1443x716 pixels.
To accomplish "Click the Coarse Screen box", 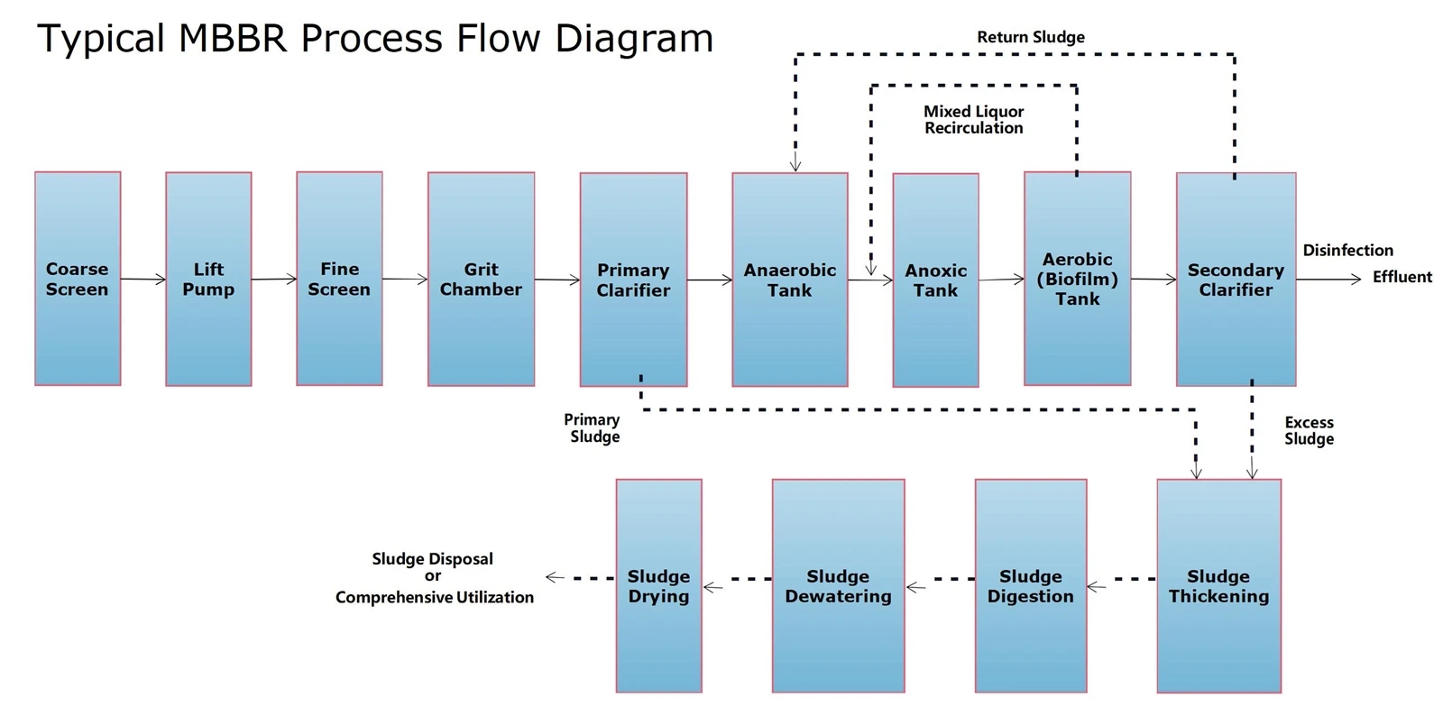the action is [78, 279].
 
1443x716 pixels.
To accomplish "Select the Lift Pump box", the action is [208, 279].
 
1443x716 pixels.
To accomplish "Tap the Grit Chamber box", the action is [482, 279].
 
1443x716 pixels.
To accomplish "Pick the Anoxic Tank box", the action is [936, 280].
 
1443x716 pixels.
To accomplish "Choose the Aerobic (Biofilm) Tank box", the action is [1078, 279].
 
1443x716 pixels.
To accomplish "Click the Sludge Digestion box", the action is [1031, 586].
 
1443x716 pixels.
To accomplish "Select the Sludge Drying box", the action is [659, 586].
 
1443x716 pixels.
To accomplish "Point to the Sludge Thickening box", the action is [1218, 586].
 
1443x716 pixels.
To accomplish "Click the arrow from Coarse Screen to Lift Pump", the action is [143, 280].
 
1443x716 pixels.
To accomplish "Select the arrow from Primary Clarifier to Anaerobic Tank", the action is [710, 280].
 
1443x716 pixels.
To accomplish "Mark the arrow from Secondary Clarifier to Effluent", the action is [1328, 279].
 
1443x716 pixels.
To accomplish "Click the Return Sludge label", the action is [1031, 37].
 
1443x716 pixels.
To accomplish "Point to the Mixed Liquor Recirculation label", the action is [973, 120].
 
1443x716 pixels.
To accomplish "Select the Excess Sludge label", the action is [1309, 431].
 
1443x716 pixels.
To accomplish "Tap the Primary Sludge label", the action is [593, 428].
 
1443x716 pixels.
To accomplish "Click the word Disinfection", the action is [1347, 250].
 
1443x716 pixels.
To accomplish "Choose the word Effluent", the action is [1402, 277].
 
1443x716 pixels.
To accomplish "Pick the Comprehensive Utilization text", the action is [434, 598].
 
